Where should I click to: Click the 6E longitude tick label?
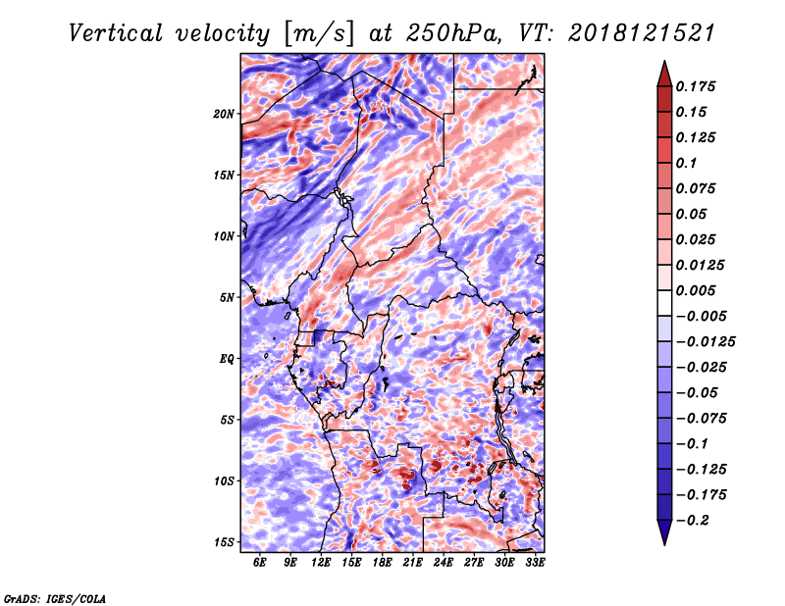[x=260, y=563]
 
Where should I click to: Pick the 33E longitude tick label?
[x=535, y=563]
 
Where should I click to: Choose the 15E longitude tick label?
[x=351, y=563]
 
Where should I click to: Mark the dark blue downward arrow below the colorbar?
[x=663, y=533]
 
